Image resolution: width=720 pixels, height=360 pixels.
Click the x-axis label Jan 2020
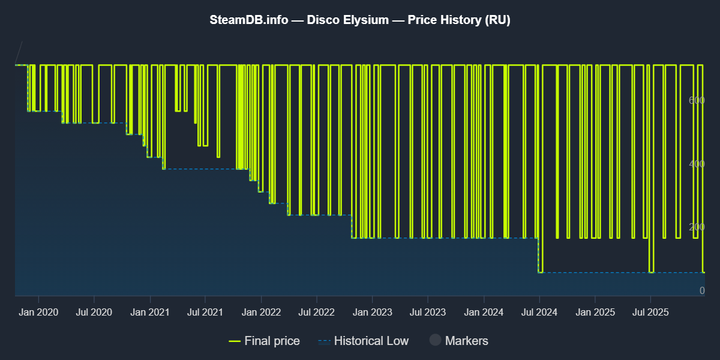(x=38, y=312)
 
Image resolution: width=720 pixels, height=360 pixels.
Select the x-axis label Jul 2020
(x=94, y=312)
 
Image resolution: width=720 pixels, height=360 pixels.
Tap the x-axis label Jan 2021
(x=149, y=312)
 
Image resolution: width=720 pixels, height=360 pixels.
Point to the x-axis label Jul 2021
(x=205, y=312)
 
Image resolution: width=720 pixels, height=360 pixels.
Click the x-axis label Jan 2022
(x=261, y=312)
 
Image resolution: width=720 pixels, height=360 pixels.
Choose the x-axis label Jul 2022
(x=316, y=312)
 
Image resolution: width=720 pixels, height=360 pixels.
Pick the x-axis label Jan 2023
(x=372, y=312)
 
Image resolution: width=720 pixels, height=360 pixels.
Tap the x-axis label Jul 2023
(x=427, y=312)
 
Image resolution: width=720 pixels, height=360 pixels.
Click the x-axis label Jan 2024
(x=484, y=312)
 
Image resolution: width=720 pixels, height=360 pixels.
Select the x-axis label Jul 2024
(x=539, y=312)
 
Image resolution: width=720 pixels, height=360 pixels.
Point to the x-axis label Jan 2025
(x=595, y=312)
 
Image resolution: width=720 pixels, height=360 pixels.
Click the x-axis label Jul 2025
(x=650, y=312)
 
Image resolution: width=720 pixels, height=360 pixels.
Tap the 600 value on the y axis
(x=696, y=100)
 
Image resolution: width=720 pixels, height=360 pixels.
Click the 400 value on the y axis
(x=696, y=164)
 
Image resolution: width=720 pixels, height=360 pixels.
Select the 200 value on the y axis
(x=696, y=227)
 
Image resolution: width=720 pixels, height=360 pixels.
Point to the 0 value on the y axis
(x=701, y=291)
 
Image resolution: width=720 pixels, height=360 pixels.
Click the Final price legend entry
(x=265, y=341)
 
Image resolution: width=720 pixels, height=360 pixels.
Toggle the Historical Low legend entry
(x=364, y=341)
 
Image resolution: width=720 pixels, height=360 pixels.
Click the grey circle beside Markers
(x=436, y=341)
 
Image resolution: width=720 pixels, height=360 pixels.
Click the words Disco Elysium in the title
(x=347, y=20)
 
